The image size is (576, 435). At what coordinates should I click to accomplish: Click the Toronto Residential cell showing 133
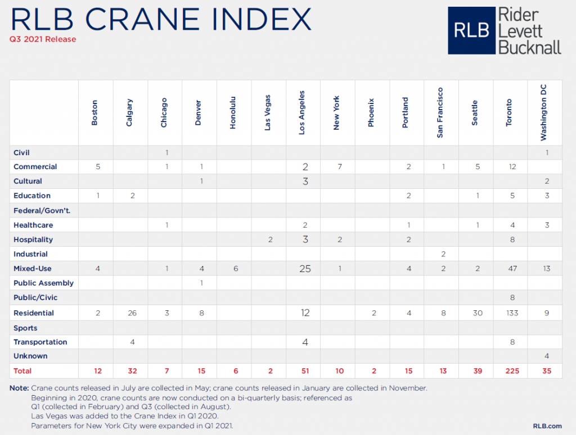coord(512,313)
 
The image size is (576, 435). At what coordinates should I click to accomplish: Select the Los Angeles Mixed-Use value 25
coord(305,269)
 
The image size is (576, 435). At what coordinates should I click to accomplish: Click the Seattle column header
coord(475,113)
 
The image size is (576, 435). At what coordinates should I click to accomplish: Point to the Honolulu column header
coord(233,113)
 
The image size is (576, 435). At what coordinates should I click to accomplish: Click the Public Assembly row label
coord(44,283)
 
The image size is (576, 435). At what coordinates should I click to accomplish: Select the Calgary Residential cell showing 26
coord(132,313)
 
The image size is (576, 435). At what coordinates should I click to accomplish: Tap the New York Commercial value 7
coord(339,167)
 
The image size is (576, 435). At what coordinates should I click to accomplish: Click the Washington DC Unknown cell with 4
coord(546,356)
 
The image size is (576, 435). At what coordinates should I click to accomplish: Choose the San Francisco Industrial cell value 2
coord(443,254)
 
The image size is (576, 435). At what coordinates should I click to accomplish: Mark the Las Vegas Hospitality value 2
coord(270,239)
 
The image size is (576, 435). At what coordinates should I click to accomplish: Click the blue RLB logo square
coord(471,31)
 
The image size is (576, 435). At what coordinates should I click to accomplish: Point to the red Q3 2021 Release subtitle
coord(43,39)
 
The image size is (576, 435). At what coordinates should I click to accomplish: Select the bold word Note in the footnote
coord(20,388)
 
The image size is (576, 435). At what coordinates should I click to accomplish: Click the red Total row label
coord(22,371)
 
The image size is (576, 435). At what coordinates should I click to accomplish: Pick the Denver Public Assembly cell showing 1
coord(201,283)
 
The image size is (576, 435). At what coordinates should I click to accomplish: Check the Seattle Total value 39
coord(477,371)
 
